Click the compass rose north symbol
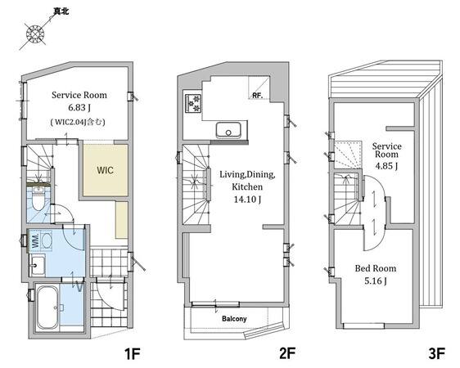(35, 33)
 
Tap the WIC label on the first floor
(105, 170)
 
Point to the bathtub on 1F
(47, 307)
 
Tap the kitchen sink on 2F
(228, 130)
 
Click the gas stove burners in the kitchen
(193, 103)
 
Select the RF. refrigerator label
(257, 96)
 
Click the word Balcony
(234, 318)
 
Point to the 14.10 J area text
(247, 200)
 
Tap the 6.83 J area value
(79, 108)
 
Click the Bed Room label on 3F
(376, 268)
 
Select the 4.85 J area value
(386, 166)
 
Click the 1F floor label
(133, 353)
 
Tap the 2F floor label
(286, 353)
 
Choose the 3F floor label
(437, 353)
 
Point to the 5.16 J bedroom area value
(376, 281)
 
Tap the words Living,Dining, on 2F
(247, 175)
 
